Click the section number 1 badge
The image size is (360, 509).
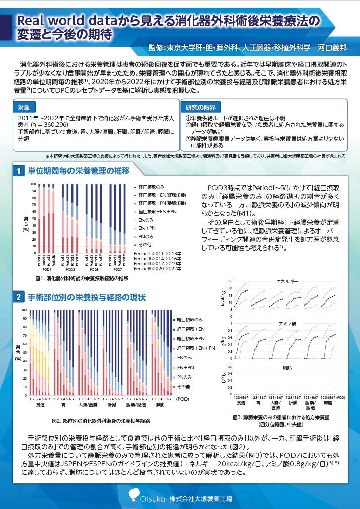tap(19, 171)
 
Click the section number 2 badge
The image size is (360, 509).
tap(19, 298)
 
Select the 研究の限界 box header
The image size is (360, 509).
tap(200, 107)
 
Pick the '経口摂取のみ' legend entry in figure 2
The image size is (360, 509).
tap(190, 320)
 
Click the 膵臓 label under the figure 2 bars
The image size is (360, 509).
tap(160, 405)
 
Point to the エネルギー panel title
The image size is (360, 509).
tap(288, 282)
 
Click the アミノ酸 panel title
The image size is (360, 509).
tap(288, 323)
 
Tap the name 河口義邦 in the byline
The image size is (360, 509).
tap(332, 48)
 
